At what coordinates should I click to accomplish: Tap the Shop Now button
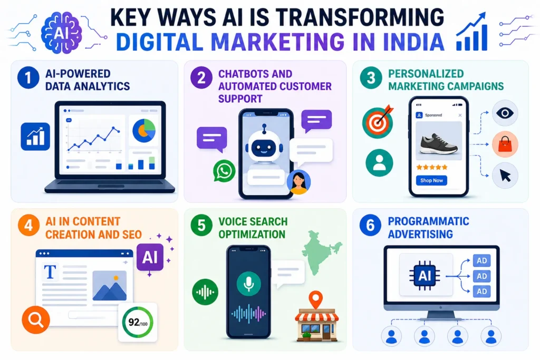(431, 180)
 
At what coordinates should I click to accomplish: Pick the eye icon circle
(505, 113)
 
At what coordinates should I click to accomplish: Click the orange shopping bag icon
(505, 144)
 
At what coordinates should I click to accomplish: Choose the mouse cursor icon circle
(505, 176)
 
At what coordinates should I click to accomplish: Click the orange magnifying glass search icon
(36, 320)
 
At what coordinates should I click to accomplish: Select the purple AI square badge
(150, 257)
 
